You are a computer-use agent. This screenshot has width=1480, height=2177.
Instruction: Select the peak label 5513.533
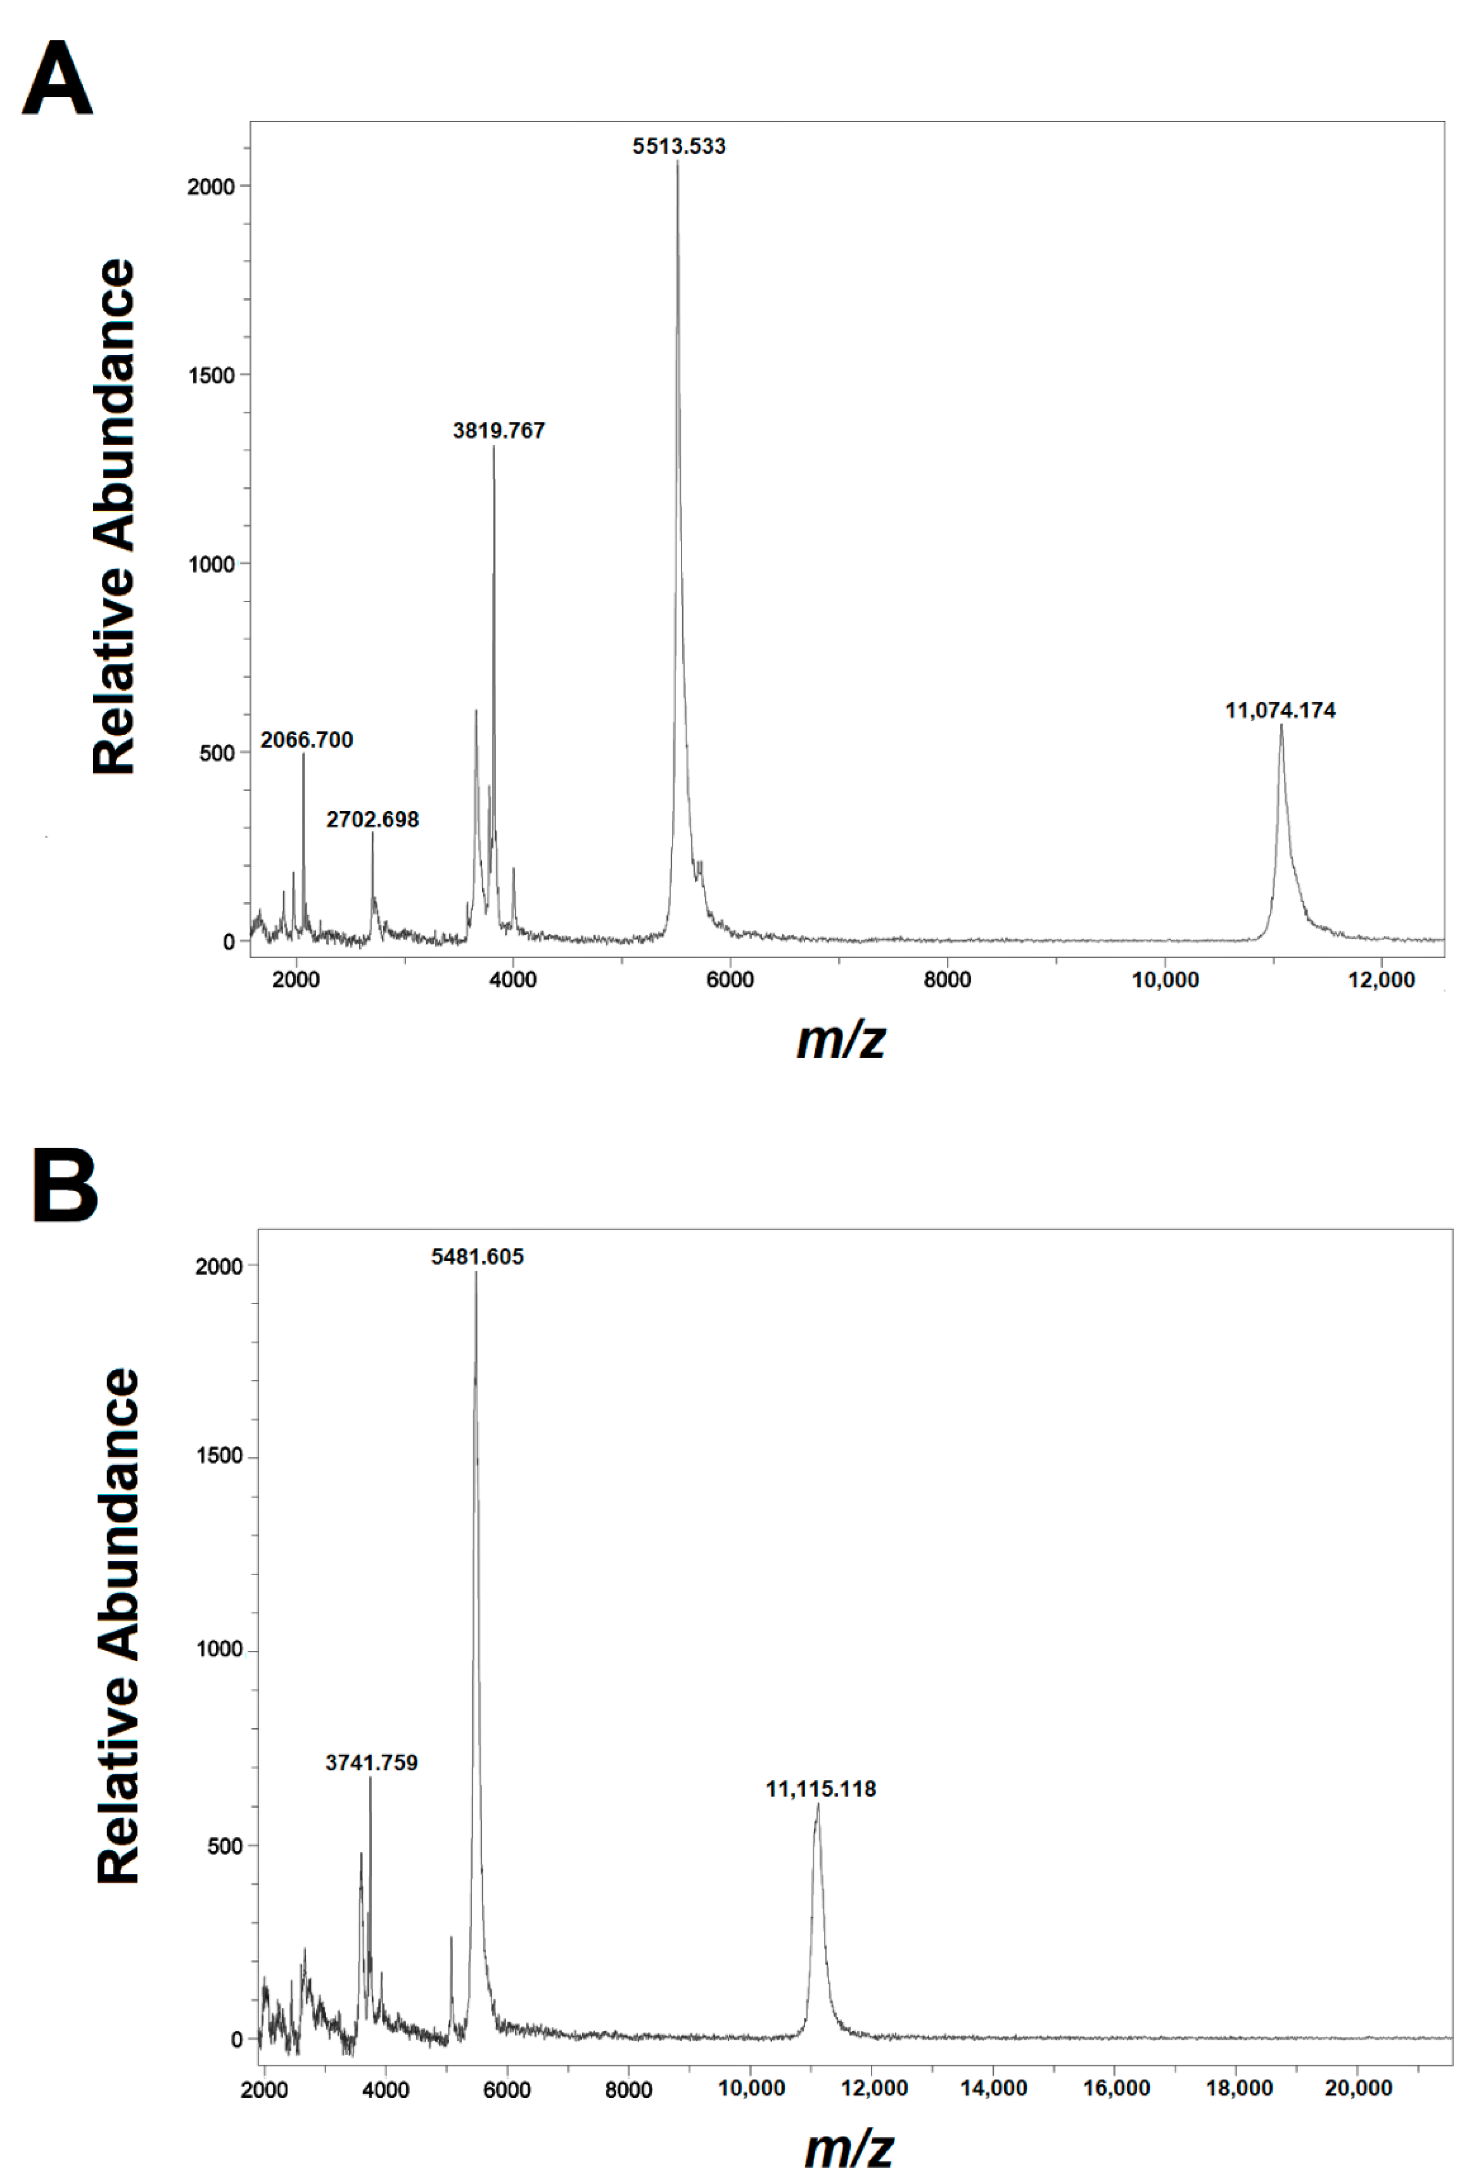coord(678,146)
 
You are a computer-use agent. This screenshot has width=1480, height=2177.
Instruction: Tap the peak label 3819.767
coord(498,431)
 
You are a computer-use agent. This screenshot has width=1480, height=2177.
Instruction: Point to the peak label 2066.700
coord(306,740)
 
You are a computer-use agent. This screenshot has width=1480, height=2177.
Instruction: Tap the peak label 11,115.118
coord(821,1789)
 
